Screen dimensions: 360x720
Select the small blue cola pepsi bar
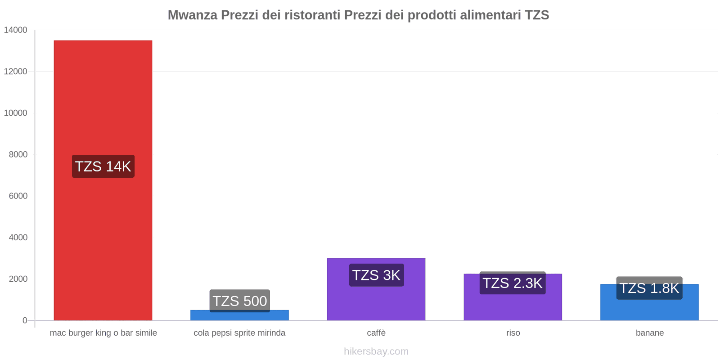tap(239, 316)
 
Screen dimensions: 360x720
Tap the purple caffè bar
tap(376, 301)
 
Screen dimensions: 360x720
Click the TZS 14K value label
tap(103, 166)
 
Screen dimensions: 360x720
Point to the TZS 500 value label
tap(239, 301)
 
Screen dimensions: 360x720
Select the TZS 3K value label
tap(376, 275)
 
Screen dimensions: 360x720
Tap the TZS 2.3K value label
tap(513, 283)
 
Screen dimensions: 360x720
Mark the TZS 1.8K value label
tap(649, 288)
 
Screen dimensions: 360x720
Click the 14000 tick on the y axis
tap(16, 30)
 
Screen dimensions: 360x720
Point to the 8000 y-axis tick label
tap(18, 154)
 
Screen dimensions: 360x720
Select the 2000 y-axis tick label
tap(18, 279)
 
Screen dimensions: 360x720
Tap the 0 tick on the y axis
tap(25, 320)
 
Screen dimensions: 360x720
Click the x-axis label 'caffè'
tap(376, 333)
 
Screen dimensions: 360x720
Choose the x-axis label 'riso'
tap(513, 333)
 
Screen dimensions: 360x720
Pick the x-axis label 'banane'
tap(649, 333)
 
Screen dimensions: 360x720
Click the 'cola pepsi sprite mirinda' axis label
tap(239, 333)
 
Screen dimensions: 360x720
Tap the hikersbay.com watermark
tap(376, 351)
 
